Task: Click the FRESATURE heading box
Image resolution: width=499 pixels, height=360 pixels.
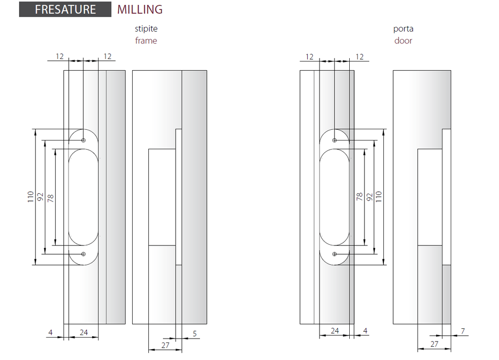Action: click(65, 9)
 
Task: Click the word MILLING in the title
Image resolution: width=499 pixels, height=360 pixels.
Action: click(140, 10)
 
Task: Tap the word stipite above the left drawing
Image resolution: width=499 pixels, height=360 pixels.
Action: click(146, 29)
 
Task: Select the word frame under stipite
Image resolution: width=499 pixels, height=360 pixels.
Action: click(146, 41)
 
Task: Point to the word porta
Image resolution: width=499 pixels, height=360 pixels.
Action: click(403, 29)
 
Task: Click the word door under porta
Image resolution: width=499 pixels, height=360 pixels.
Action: click(403, 41)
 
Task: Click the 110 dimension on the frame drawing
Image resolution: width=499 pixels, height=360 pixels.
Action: click(31, 197)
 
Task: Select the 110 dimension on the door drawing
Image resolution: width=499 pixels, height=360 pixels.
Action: click(379, 197)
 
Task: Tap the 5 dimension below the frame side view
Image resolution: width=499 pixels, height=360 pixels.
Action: click(195, 334)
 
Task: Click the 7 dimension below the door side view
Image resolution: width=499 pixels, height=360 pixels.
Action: click(463, 331)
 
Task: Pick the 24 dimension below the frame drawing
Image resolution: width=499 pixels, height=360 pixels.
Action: click(84, 332)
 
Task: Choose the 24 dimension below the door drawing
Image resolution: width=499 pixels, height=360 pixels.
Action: click(335, 331)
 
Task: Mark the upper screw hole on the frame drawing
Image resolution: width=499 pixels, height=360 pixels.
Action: click(83, 140)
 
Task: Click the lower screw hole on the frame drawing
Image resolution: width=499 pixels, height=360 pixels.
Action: click(83, 254)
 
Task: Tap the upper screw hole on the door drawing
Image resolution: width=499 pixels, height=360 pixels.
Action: click(335, 140)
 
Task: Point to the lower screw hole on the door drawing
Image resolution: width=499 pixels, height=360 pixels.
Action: click(335, 254)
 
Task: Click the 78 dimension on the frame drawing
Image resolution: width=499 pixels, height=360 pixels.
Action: click(50, 199)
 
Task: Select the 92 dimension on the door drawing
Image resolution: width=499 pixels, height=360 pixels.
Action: click(369, 197)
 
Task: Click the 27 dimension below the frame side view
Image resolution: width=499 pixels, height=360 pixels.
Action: click(165, 345)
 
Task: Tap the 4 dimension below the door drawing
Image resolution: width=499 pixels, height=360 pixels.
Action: click(365, 331)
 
